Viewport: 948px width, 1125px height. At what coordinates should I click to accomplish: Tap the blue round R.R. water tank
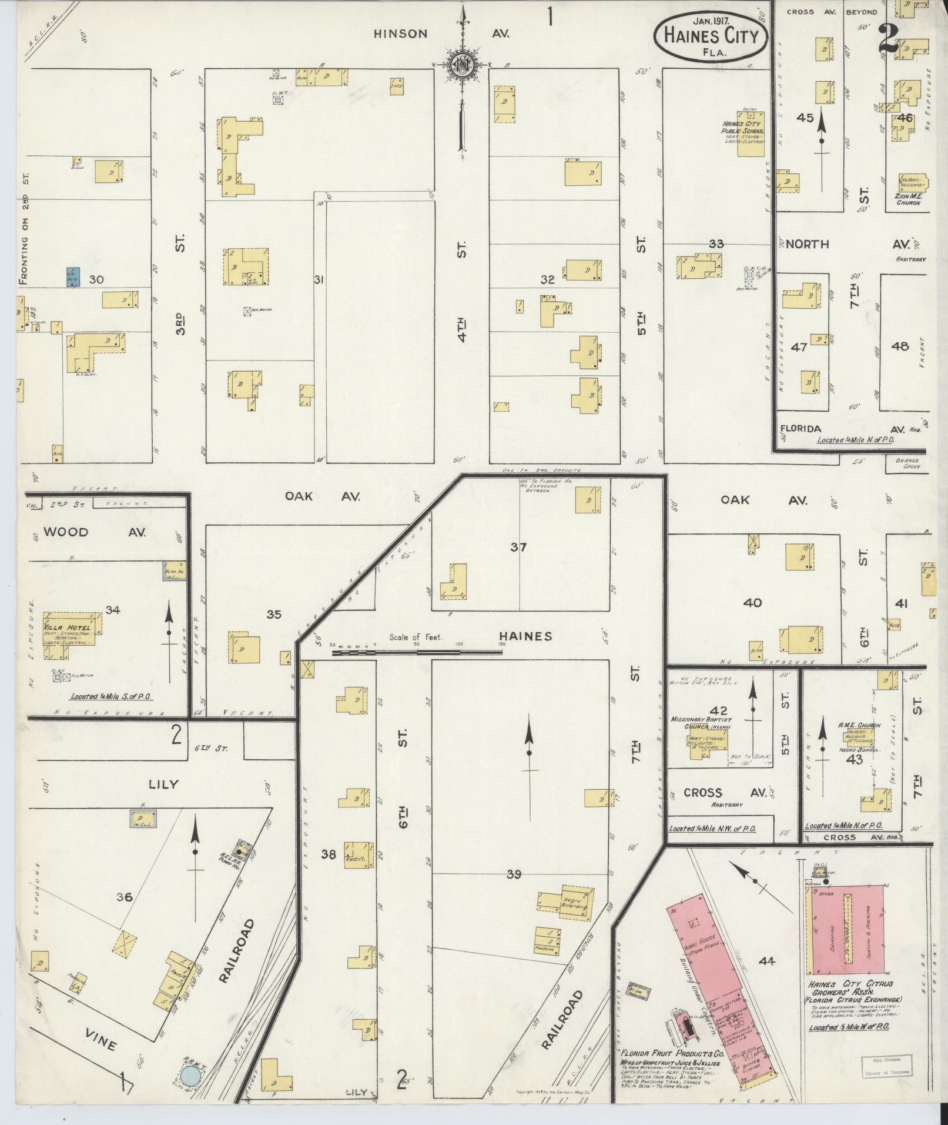[x=189, y=1077]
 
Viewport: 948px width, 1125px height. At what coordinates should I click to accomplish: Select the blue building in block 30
[x=73, y=277]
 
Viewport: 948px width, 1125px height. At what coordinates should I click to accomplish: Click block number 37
[x=518, y=548]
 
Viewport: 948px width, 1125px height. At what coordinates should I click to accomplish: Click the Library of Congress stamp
[x=887, y=1065]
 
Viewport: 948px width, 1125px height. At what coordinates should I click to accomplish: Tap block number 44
[x=766, y=961]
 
